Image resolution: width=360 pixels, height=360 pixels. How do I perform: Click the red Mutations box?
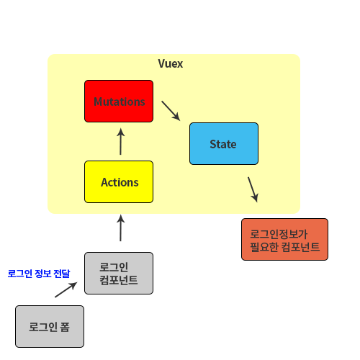(119, 101)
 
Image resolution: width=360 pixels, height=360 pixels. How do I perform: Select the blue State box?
(224, 143)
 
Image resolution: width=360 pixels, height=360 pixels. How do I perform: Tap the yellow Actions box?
(119, 181)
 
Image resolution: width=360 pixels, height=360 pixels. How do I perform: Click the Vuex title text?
(171, 64)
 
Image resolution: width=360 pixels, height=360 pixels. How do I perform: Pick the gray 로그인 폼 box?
(50, 326)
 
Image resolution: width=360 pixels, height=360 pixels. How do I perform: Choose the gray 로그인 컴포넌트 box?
(119, 273)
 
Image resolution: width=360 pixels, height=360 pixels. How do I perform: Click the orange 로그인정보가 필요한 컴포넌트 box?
(284, 239)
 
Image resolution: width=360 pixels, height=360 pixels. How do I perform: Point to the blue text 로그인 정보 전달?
(39, 274)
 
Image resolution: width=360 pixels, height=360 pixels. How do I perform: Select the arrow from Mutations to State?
(171, 111)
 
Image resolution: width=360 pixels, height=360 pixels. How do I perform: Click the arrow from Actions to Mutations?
(120, 142)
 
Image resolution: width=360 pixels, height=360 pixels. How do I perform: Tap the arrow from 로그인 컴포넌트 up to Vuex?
(120, 228)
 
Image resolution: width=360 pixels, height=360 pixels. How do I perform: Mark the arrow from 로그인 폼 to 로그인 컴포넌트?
(66, 289)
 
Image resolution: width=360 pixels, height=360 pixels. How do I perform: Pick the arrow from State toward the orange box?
(253, 189)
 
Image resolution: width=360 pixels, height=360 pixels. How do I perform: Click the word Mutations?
(120, 102)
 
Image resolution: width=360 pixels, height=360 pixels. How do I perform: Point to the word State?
(223, 144)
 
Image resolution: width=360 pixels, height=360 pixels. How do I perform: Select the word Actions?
(120, 182)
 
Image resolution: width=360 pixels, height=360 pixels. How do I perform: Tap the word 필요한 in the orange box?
(264, 247)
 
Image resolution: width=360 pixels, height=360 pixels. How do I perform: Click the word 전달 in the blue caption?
(62, 274)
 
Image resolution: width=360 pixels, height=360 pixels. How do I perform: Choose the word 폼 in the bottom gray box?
(65, 327)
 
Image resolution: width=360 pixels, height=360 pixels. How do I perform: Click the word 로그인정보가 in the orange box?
(279, 234)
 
